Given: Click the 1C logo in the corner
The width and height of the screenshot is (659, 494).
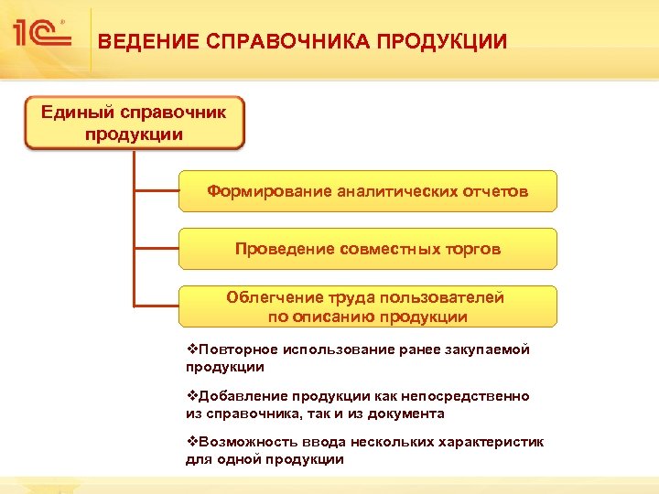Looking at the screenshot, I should pos(42,34).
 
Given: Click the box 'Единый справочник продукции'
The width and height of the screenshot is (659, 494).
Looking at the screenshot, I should pos(135,123).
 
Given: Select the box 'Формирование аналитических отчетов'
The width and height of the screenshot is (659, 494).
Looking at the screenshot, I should pos(367,191).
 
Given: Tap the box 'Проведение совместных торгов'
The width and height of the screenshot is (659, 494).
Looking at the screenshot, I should pos(367,249).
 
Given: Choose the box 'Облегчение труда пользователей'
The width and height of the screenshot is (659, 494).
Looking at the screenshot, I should pos(367,306).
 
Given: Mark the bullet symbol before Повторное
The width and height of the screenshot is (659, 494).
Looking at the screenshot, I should pos(190,349).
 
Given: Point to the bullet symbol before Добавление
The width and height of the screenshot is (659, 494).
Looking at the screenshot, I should pos(190,396).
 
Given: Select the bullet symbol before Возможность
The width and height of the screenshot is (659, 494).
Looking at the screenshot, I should pos(190,442).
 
